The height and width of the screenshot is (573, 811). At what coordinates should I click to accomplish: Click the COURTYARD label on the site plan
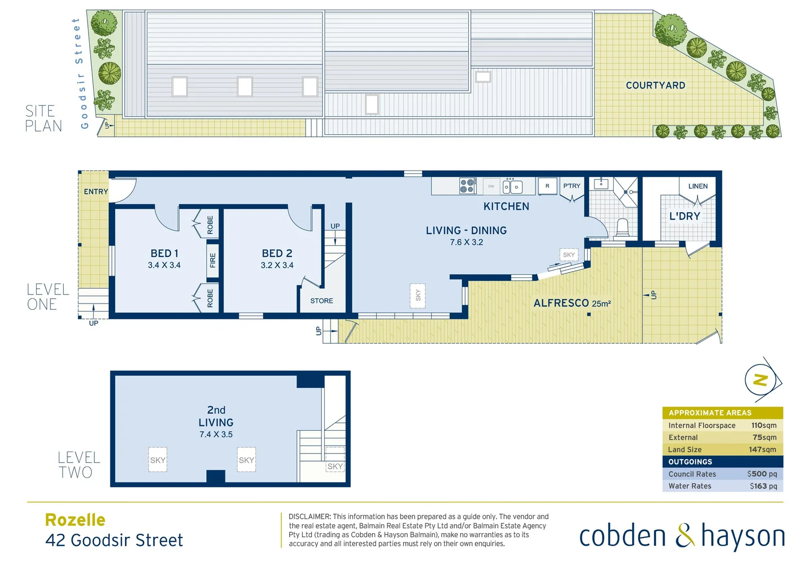coord(655,85)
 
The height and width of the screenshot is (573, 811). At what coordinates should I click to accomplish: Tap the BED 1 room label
coord(164,254)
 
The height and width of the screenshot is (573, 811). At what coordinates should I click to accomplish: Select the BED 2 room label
coord(277,254)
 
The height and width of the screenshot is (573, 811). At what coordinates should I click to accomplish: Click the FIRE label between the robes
coord(213,261)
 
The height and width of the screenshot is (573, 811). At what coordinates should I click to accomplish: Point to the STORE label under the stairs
coord(321,301)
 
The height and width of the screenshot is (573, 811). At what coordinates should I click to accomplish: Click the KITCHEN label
coord(506,206)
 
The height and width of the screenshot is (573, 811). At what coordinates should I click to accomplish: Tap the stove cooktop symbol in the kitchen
coord(467,186)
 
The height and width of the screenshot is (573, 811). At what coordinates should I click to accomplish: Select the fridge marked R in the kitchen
coord(547,186)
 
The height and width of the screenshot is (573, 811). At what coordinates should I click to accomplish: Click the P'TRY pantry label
coord(572,186)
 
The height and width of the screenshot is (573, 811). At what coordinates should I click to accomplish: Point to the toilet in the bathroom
coord(622,227)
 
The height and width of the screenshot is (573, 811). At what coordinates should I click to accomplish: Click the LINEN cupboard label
coord(697,186)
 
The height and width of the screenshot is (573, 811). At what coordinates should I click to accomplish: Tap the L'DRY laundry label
coord(684,216)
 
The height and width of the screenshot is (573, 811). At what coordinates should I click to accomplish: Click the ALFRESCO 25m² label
coord(572,303)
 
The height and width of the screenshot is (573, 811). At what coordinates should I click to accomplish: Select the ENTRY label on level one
coord(95,192)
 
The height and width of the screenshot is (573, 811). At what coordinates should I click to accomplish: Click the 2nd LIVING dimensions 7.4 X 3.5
coord(216,435)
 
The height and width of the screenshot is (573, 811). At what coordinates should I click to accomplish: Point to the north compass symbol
coord(761,380)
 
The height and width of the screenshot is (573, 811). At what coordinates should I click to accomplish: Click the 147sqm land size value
coord(762,449)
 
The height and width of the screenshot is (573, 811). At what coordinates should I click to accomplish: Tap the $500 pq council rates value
coord(762,474)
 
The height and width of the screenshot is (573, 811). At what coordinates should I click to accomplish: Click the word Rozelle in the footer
coord(75,520)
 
